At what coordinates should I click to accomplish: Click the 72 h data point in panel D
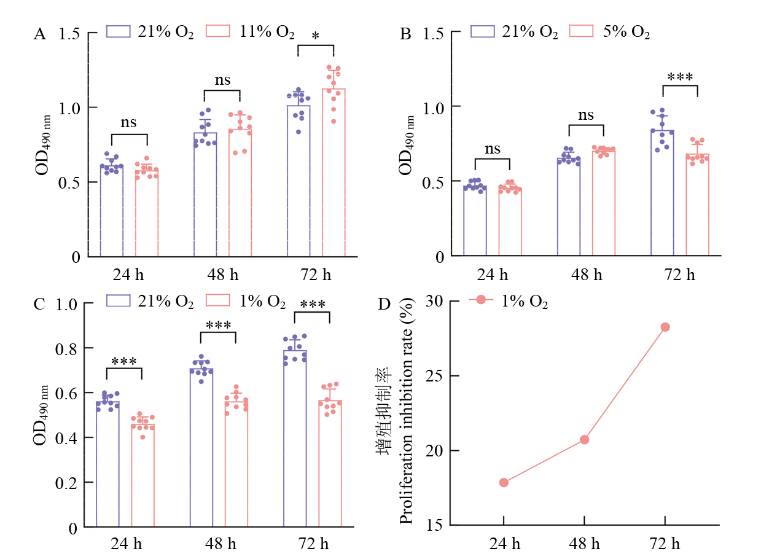665,327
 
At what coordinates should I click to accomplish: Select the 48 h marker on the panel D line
584,439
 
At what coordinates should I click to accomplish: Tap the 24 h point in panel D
504,482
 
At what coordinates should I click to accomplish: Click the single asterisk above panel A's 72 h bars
315,37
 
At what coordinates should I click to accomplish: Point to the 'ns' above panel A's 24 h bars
129,122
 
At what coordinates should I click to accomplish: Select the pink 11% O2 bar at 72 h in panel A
334,172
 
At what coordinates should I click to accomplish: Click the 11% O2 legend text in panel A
267,32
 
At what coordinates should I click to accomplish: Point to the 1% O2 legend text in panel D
523,302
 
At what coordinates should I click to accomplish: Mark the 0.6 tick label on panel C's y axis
66,393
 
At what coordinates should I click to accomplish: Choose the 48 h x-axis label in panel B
587,273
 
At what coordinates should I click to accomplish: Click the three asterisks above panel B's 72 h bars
680,78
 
